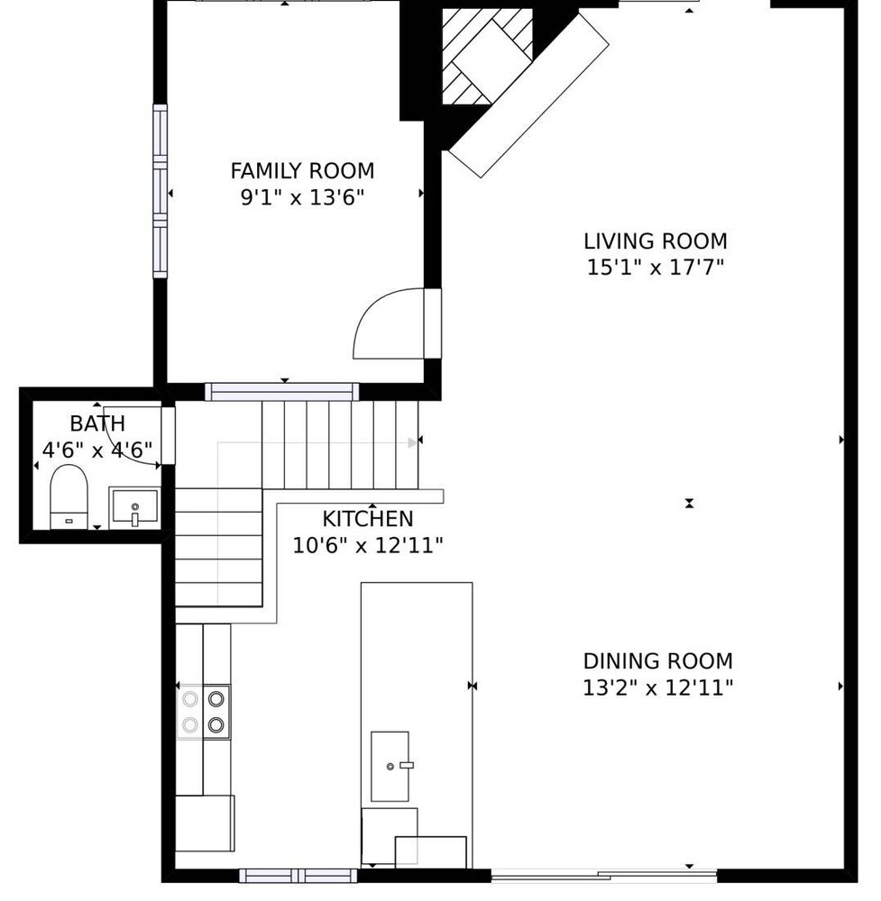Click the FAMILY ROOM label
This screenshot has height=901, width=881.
302,171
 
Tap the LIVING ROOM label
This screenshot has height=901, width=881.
656,241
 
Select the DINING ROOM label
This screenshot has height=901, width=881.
658,661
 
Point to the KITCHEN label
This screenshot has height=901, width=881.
368,519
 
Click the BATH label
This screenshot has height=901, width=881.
97,424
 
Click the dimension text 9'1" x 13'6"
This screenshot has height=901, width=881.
302,197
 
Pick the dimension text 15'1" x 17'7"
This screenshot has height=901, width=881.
656,268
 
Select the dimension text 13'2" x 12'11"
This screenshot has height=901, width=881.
658,687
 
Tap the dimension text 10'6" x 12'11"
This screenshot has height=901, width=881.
368,545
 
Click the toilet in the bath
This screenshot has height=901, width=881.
69,496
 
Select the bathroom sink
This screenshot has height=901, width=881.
134,506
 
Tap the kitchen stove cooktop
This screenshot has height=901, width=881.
203,712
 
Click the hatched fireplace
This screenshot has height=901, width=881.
487,56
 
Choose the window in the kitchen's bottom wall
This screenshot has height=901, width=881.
298,876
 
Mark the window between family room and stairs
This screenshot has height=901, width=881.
281,392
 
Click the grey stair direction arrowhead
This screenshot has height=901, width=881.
412,442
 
